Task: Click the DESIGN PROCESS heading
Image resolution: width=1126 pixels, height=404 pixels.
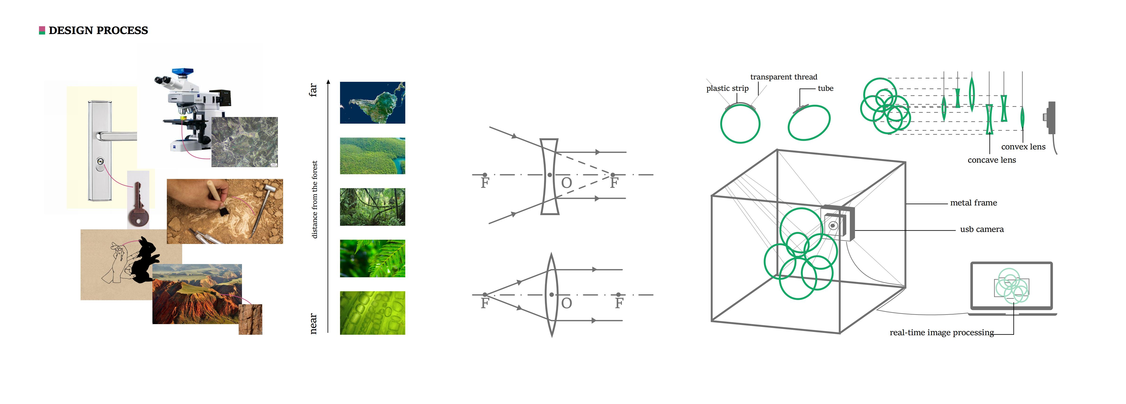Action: (98, 30)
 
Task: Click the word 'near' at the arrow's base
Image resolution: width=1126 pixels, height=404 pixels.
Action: (313, 324)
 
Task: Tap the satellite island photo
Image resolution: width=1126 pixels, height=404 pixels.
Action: (372, 103)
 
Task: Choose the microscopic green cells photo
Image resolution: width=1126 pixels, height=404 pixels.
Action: (372, 313)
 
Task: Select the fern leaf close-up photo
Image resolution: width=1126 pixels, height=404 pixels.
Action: (372, 258)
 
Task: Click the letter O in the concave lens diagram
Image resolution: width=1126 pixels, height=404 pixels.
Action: (566, 183)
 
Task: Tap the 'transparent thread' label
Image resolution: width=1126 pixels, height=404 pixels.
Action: (784, 77)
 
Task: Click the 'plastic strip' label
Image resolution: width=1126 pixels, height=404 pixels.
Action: (727, 88)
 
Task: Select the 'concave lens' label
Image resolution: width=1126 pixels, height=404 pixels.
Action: (992, 160)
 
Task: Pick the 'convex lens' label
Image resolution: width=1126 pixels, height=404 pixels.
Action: (1023, 147)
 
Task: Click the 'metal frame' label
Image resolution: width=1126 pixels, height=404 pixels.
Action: (973, 203)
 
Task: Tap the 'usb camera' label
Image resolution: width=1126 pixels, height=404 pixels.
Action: (982, 230)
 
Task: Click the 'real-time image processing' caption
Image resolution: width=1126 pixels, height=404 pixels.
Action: (941, 333)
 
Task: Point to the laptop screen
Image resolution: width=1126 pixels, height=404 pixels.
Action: (1011, 286)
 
